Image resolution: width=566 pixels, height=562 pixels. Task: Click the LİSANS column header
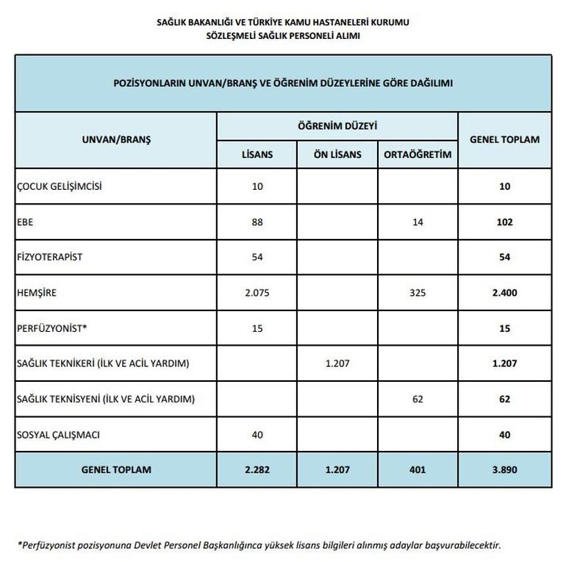tap(257, 154)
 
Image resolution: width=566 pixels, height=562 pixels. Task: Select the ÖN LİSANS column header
tap(337, 154)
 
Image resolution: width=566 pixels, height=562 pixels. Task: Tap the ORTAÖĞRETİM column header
tap(418, 154)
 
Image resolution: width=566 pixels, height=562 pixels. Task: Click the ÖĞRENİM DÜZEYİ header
tap(337, 127)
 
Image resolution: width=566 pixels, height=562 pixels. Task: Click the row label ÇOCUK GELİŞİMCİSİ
tap(59, 186)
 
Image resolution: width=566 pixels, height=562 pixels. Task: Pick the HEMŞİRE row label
tap(36, 293)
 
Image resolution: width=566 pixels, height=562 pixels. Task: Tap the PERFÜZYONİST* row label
tap(51, 329)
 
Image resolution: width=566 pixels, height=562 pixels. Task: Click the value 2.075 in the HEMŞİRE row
tap(257, 293)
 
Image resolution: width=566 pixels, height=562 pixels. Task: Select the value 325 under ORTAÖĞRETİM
tap(418, 293)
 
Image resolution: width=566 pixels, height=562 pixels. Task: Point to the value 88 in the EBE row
tap(257, 222)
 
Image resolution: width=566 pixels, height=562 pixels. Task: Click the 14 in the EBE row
tap(418, 222)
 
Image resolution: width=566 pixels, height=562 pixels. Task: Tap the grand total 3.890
tap(504, 470)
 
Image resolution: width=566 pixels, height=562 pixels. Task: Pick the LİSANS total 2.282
tap(257, 470)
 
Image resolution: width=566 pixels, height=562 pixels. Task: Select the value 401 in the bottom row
tap(418, 470)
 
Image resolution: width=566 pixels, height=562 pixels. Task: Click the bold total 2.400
tap(504, 293)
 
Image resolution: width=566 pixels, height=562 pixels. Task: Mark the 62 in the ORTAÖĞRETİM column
tap(418, 399)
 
